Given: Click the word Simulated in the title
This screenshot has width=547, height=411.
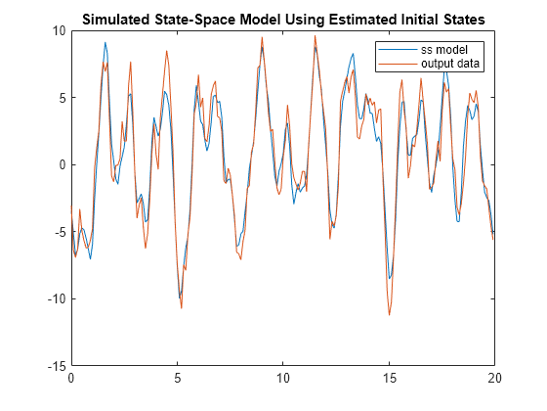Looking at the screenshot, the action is (115, 20).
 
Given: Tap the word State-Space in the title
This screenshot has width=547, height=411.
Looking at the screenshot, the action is (194, 20).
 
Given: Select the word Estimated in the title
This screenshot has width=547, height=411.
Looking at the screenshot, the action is (361, 20).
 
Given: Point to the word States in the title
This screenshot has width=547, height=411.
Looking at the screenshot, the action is (464, 20).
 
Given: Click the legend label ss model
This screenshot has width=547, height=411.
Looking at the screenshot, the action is (444, 50).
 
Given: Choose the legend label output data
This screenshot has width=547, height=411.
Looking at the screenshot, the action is (450, 64).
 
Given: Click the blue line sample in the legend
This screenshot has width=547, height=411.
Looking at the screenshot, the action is (399, 50).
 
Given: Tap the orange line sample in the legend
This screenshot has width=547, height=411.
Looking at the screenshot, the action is (399, 64).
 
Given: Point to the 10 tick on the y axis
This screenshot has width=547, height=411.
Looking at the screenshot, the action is (59, 30).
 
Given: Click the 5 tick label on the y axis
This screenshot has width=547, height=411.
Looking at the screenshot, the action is (63, 98).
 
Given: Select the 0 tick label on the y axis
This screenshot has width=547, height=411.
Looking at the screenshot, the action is (63, 165).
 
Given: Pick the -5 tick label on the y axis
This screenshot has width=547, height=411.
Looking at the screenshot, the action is (60, 232).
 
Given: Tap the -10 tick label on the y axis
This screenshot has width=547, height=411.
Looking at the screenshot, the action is (57, 299).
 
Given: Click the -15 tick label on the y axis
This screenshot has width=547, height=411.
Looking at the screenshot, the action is (57, 366).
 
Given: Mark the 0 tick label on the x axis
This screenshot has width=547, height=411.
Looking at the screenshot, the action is (71, 378).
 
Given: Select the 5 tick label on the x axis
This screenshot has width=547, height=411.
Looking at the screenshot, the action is (178, 378).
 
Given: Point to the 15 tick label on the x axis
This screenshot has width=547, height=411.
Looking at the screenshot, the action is (389, 378).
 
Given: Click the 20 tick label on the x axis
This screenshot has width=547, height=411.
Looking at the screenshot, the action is (494, 378).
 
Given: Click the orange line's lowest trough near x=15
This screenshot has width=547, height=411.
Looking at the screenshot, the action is (390, 315).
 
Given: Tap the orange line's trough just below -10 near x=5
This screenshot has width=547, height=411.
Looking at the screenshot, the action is (182, 308).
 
